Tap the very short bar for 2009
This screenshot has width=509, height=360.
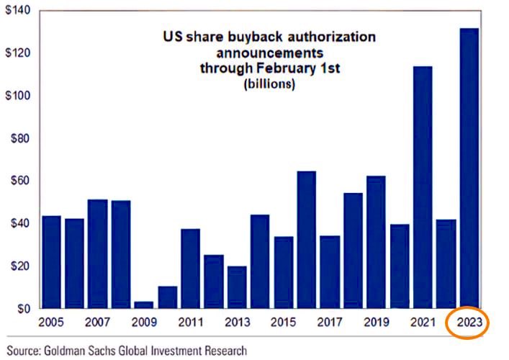143,305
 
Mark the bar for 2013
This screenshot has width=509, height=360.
236,287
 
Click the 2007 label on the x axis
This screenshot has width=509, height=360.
97,322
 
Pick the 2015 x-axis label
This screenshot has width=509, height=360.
283,322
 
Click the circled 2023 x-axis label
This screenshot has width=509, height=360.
469,322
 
